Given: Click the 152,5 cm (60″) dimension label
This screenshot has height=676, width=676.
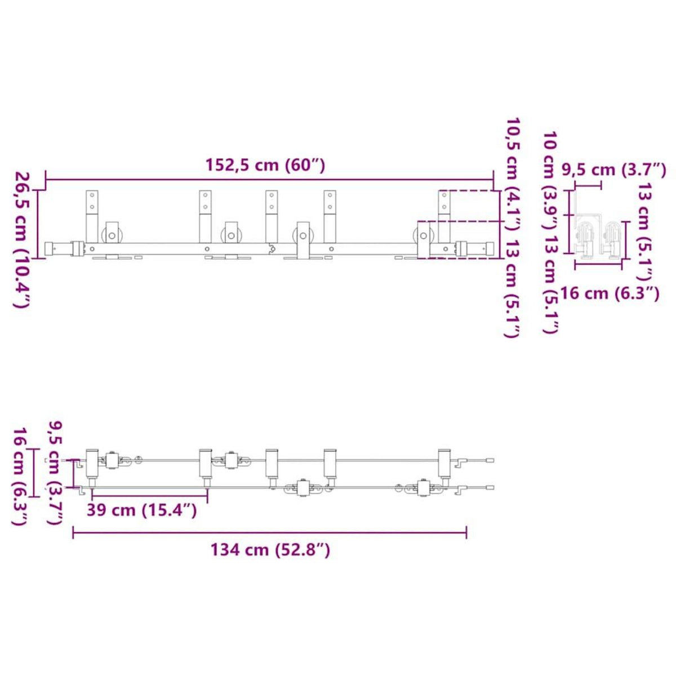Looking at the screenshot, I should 265,165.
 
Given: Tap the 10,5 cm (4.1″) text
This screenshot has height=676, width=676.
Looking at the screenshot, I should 512,175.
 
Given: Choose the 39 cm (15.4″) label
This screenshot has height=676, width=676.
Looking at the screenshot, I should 141,510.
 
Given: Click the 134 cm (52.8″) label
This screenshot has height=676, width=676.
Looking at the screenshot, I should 270,549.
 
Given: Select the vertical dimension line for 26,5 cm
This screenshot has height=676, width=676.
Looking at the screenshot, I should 38,224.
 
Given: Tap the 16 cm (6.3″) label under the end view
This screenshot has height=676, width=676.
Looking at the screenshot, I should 610,293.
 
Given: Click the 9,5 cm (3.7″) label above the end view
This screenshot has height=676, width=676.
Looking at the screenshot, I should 614,170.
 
